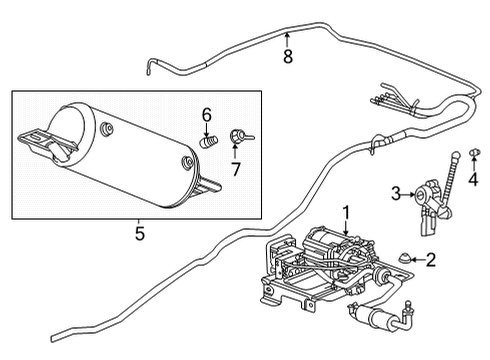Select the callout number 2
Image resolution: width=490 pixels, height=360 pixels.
pos(430,260)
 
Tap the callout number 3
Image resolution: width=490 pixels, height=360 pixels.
pos(395,193)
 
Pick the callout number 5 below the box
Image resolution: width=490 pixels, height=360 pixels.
pos(139,234)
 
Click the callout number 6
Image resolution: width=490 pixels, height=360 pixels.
pos(206,114)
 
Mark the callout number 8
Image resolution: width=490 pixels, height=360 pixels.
pos(287,57)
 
